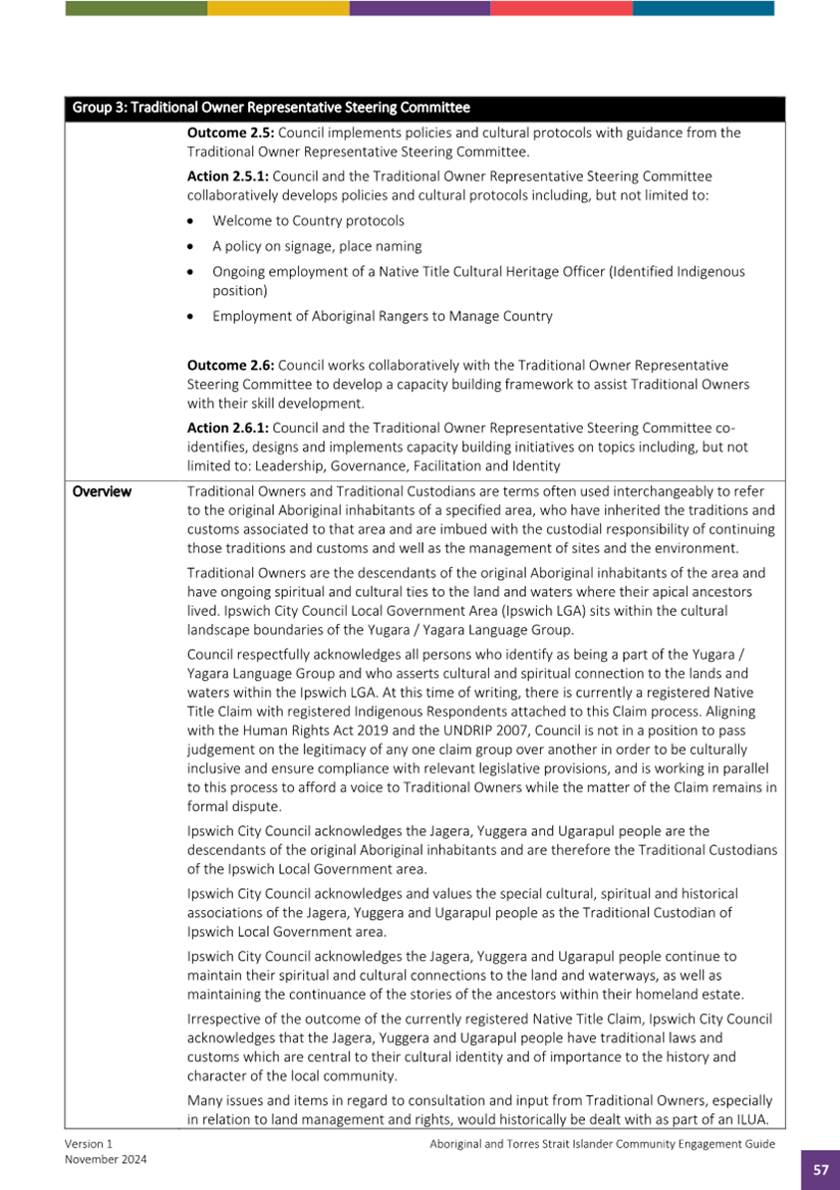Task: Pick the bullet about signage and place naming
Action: (316, 245)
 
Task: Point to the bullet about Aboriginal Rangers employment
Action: (382, 316)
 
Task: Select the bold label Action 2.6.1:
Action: (227, 428)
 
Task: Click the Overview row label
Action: (102, 491)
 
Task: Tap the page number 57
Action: (820, 1170)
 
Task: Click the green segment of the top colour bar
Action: (137, 8)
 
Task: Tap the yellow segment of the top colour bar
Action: (278, 8)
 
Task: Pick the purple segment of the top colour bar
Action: (420, 8)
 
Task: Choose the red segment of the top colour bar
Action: (561, 8)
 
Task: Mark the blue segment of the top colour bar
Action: (703, 8)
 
